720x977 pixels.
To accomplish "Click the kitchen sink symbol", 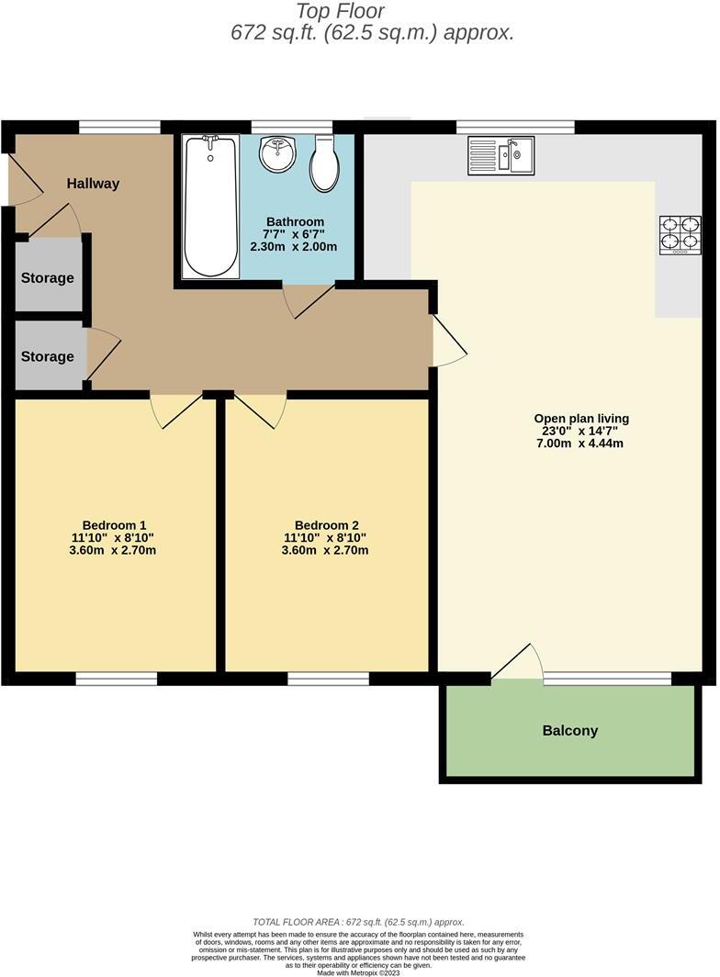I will [501, 154].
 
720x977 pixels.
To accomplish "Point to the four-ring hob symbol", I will [680, 234].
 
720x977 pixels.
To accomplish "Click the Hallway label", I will [93, 184].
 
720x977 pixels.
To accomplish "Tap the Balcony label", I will [569, 731].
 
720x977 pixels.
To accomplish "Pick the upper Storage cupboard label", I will [48, 278].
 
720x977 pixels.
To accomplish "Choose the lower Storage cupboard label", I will [48, 356].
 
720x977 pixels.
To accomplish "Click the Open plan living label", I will [581, 419].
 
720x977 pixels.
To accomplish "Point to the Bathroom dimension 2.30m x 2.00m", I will [294, 247].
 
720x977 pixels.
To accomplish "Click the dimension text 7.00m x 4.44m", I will [581, 444].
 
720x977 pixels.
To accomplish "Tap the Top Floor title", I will [340, 12].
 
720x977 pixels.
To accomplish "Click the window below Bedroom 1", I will [116, 679].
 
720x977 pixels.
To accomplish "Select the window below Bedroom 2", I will [328, 679].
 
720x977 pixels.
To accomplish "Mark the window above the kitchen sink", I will [515, 127].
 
